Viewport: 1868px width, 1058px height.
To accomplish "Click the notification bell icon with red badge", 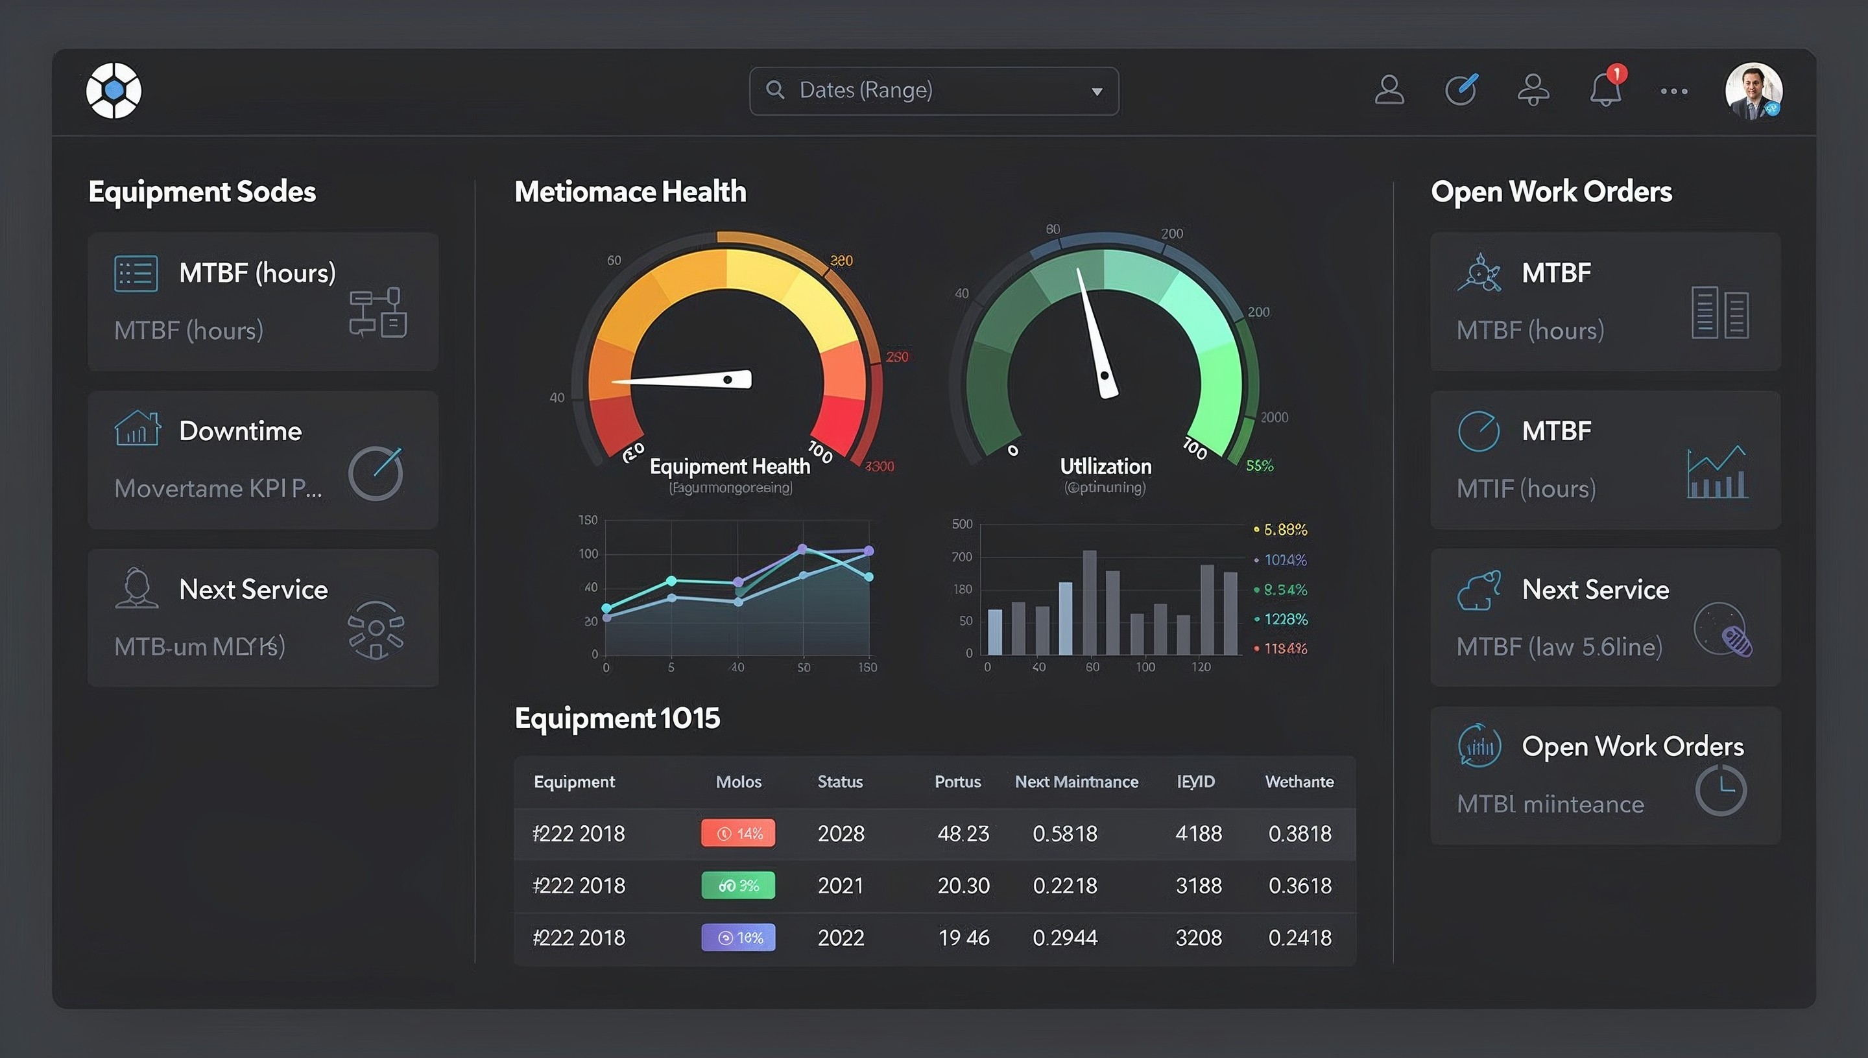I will pos(1605,90).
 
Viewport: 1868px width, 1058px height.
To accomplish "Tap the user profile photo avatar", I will pos(1753,91).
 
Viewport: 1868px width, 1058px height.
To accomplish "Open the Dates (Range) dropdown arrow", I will pos(1097,91).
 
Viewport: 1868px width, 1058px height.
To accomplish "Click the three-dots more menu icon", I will pos(1674,91).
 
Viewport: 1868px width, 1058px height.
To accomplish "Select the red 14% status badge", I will pos(737,834).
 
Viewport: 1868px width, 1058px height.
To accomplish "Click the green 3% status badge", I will pos(737,886).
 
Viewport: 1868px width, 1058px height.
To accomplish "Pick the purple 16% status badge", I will pos(737,938).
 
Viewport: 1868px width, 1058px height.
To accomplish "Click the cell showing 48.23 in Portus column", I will pos(963,834).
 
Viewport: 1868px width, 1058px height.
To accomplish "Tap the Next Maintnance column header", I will pos(1077,782).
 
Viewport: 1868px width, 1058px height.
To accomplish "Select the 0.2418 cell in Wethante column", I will pos(1300,938).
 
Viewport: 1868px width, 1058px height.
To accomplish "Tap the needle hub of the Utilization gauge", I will pos(1105,377).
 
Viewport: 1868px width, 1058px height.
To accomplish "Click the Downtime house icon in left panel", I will pos(137,429).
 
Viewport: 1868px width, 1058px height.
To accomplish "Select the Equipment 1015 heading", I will pos(617,718).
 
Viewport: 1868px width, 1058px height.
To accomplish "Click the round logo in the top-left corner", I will pos(114,91).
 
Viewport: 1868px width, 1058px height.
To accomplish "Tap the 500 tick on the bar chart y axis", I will pos(962,524).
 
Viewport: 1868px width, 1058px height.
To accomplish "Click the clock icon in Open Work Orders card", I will pos(1721,791).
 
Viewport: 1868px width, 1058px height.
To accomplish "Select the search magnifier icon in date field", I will pos(775,90).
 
